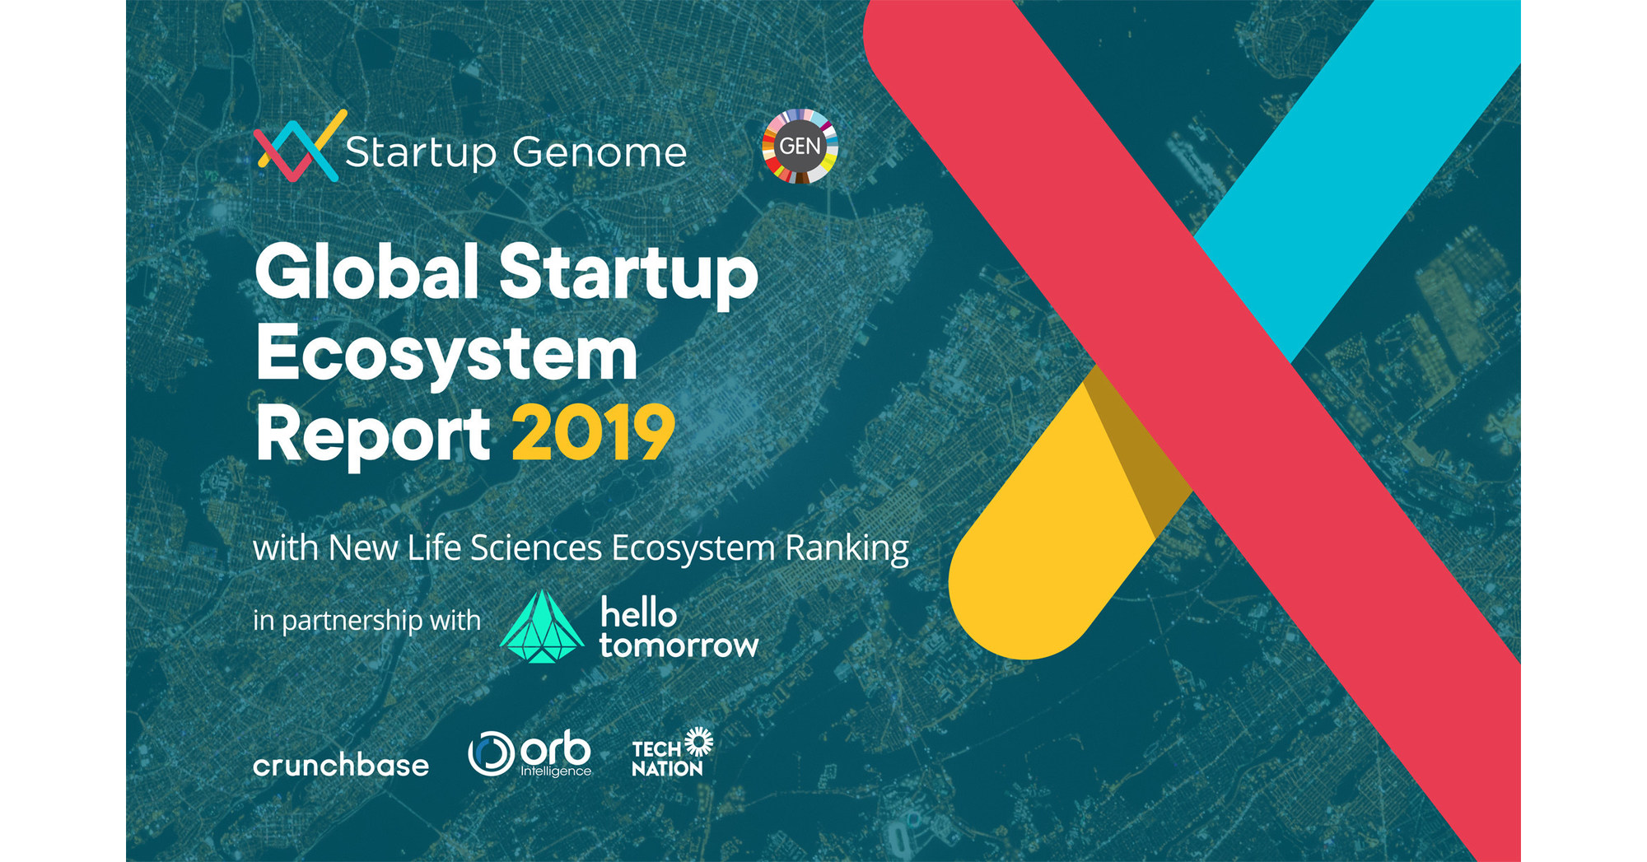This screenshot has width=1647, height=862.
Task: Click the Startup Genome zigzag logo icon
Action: click(296, 146)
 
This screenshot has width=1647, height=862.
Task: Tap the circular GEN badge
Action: click(800, 147)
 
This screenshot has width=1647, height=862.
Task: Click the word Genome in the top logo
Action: click(599, 152)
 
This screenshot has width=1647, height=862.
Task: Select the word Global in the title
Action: click(367, 273)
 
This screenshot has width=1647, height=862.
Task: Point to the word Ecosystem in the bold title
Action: click(447, 355)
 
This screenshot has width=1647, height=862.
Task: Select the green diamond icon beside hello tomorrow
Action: click(541, 627)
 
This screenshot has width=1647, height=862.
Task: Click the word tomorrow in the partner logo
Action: click(679, 645)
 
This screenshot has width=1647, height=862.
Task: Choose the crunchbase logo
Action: click(341, 766)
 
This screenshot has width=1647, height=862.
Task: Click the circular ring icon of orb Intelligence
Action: click(491, 753)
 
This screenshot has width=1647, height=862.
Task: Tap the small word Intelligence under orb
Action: click(556, 771)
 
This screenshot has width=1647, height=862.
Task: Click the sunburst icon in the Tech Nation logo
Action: click(699, 741)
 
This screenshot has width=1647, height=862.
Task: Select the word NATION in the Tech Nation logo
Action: click(667, 769)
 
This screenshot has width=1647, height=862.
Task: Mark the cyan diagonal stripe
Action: click(1359, 165)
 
